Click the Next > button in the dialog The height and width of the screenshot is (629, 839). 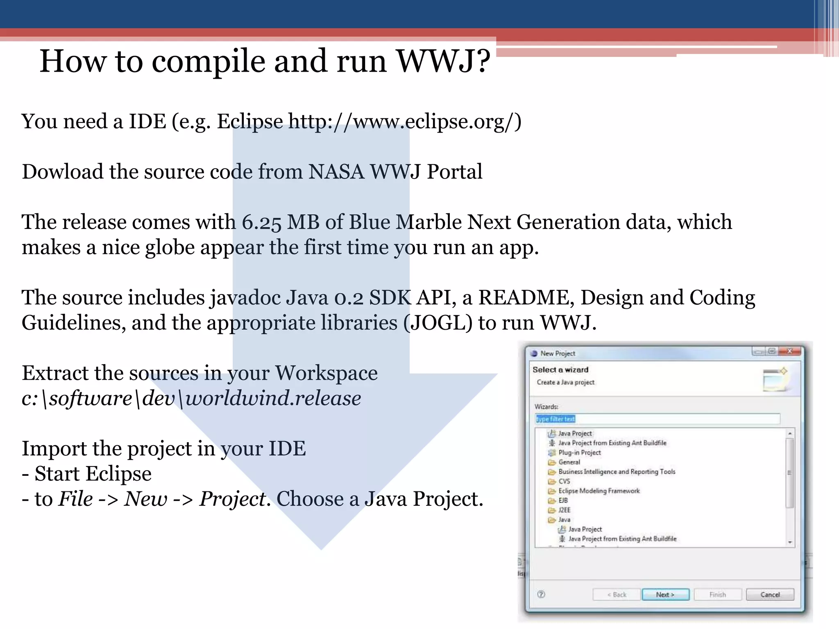(x=665, y=595)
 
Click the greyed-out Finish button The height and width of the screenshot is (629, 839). (x=718, y=595)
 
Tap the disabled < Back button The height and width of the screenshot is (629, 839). (x=617, y=595)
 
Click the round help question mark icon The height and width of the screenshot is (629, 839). (x=541, y=595)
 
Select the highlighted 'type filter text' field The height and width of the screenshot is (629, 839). (x=657, y=419)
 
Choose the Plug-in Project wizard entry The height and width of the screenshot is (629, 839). (x=579, y=453)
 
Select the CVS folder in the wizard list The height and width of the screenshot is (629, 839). (x=564, y=481)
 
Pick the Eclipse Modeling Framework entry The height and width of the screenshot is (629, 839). (x=599, y=491)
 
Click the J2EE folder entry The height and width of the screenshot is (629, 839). (x=564, y=510)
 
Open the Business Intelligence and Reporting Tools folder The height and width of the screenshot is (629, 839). (x=617, y=472)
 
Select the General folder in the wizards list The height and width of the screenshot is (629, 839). (x=569, y=462)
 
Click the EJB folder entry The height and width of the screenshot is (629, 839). (x=563, y=500)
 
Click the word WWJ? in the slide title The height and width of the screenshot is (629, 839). (x=444, y=61)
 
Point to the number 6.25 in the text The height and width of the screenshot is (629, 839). (x=261, y=222)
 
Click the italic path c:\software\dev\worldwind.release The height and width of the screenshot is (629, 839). (x=191, y=398)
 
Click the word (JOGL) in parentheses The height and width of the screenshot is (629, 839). (x=438, y=323)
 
